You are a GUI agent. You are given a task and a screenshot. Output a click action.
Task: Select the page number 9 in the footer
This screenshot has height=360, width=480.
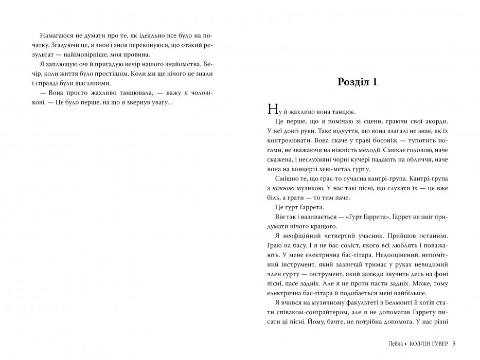click(454, 344)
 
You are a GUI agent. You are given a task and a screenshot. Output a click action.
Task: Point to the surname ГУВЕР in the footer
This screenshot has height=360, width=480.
click(436, 344)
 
